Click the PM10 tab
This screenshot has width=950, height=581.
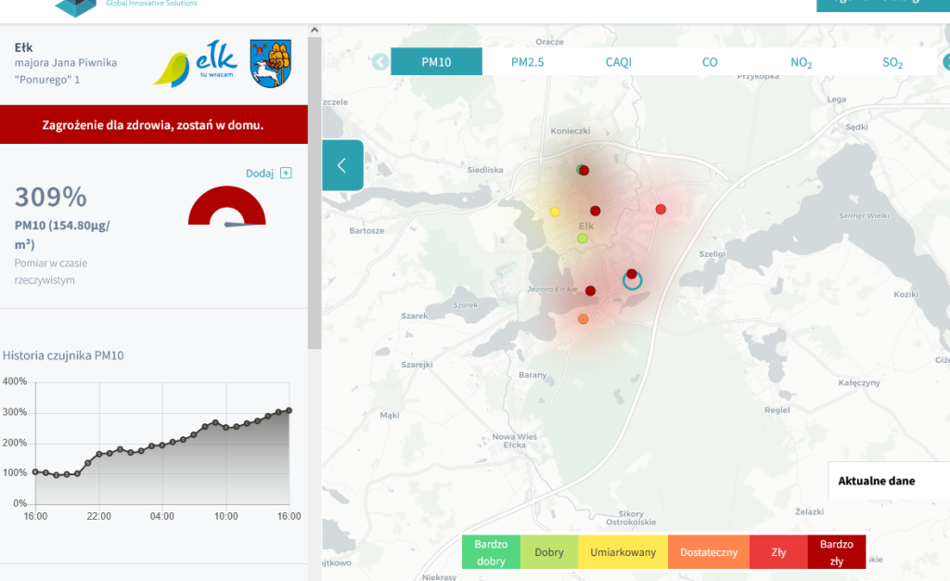coord(436,62)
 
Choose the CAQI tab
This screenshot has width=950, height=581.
coord(618,62)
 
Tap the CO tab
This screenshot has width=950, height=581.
coord(710,62)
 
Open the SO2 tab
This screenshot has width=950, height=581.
coord(892,63)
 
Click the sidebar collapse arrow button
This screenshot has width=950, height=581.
coord(341,165)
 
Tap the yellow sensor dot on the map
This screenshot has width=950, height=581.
coord(555,212)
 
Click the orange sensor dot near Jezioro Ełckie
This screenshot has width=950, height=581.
coord(583,319)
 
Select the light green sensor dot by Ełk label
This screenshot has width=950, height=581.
coord(583,239)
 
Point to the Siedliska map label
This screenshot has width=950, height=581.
coord(486,170)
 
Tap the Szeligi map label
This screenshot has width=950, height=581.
coord(712,253)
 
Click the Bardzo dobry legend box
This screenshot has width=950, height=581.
coord(491,552)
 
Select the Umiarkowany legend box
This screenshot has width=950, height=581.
coord(623,552)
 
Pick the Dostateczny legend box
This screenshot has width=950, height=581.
coord(709,552)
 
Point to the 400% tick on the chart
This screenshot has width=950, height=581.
coord(15,381)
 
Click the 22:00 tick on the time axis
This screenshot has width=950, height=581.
coord(99,516)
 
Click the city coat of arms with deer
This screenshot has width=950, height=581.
coord(271,64)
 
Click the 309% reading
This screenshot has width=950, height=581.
coord(51,197)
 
